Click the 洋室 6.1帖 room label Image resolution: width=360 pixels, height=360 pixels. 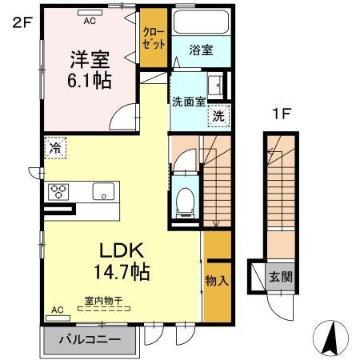[90, 70]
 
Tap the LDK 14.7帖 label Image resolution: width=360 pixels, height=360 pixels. [122, 262]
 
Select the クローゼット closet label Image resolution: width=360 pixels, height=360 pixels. [154, 38]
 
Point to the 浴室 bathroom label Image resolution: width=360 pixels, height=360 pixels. [201, 50]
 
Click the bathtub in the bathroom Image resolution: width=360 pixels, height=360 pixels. [201, 22]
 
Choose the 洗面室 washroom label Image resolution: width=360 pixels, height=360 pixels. [189, 102]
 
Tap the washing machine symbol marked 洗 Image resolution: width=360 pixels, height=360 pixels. [218, 116]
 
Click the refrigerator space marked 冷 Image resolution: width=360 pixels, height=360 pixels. [55, 148]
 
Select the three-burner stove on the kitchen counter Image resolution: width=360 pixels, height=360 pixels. [58, 192]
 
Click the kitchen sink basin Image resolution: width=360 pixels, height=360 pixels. [103, 191]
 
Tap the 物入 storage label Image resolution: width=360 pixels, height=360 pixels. [217, 281]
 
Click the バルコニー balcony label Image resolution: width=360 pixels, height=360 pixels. [90, 340]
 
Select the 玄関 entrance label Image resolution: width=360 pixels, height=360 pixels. [281, 278]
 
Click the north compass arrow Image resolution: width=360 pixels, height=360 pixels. [330, 338]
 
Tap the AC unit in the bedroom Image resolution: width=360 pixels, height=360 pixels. [90, 13]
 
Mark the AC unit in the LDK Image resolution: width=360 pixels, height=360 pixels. [58, 318]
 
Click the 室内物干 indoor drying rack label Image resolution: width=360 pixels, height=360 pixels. [103, 301]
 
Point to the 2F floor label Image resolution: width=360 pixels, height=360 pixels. [22, 22]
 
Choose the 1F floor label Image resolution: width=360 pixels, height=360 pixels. [281, 114]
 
